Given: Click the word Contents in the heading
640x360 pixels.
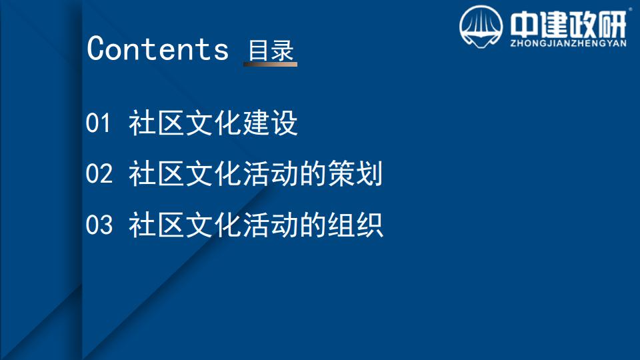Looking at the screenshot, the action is pos(157,49).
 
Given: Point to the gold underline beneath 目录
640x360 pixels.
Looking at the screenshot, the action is pos(270,64).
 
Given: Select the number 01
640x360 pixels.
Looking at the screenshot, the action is pos(98,123).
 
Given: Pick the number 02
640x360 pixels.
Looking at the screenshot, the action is pos(99,173).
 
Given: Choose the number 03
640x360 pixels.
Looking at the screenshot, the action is pos(99,225).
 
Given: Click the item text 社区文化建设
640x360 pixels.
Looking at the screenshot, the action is pos(213,123).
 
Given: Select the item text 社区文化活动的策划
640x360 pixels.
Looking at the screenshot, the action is pos(255,173).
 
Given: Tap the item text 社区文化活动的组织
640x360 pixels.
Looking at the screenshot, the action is pos(255,225).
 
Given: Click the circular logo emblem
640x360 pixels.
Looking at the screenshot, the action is pos(481,27).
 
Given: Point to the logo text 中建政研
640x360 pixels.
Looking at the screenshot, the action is pos(568,25).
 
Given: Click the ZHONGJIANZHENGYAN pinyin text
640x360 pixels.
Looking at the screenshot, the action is pos(568,43).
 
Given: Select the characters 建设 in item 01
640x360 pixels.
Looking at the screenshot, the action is pos(270,123).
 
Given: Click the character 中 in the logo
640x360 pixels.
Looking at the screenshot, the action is pos(524,25).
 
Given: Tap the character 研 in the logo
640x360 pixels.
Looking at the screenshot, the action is pos(612,25).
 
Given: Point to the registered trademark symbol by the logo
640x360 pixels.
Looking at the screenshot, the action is pos(630,9).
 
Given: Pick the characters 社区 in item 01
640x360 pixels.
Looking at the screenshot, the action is pos(156,123).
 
